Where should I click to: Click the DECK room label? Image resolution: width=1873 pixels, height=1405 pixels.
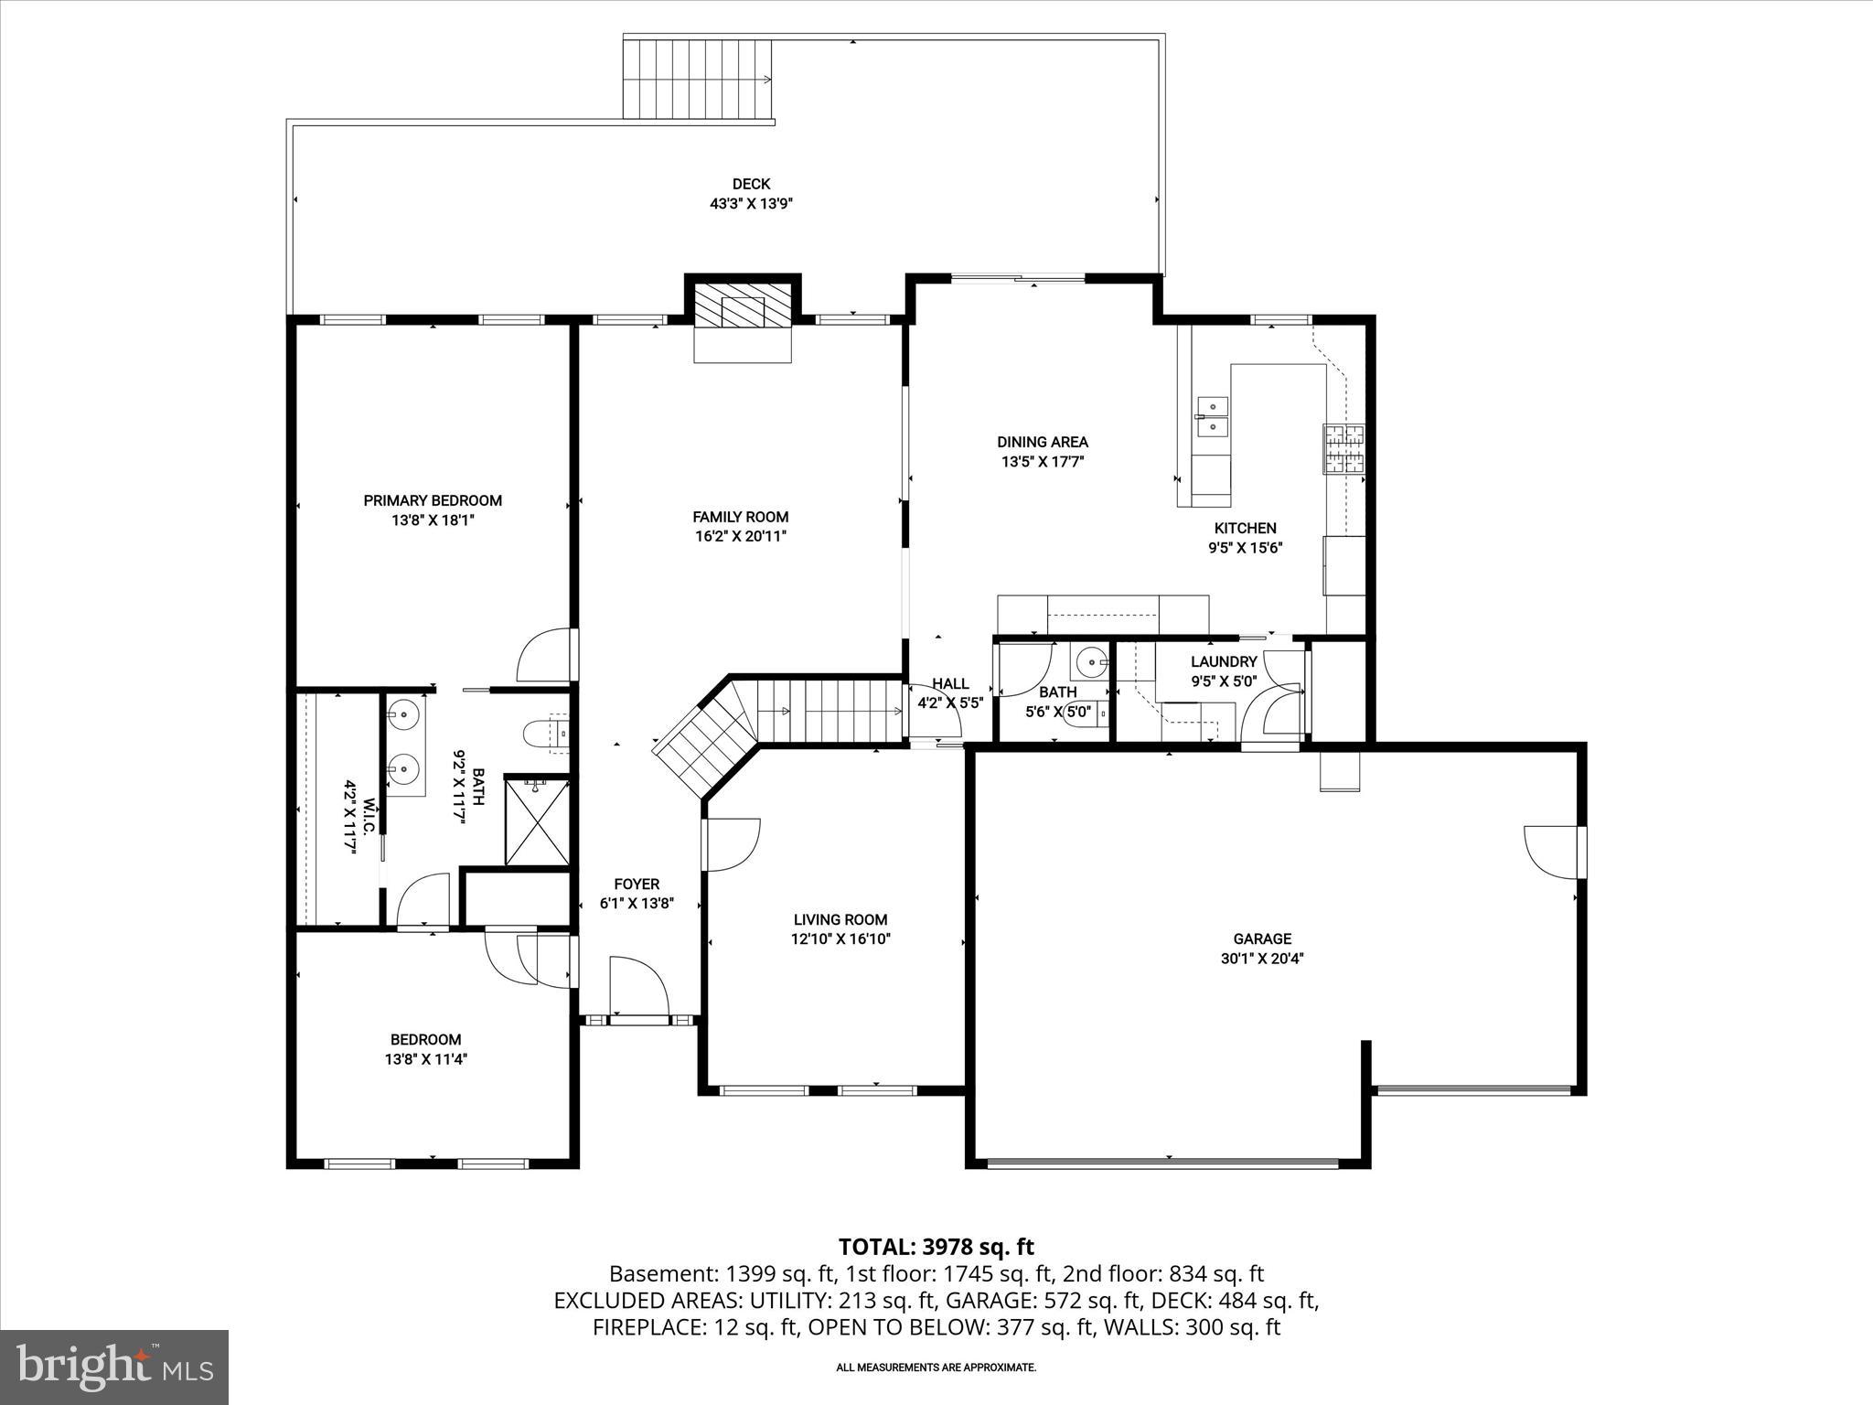750,184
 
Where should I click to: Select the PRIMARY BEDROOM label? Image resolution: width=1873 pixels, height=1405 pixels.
433,500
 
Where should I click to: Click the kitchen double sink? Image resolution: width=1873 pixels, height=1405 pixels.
1211,416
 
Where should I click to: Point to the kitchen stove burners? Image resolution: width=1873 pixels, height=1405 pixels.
1343,449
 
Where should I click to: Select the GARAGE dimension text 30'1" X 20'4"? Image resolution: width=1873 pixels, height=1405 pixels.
1262,959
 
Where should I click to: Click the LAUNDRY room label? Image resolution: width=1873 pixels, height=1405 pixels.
1224,661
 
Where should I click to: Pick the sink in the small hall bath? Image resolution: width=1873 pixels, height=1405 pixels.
1089,660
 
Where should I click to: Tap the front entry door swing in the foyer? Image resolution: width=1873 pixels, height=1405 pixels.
637,984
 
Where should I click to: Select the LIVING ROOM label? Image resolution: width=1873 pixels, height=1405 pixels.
840,919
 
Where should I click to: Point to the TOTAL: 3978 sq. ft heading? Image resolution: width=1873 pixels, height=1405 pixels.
936,1247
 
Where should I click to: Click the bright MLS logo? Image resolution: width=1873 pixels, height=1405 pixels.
114,1367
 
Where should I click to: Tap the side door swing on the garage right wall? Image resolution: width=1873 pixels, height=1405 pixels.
1551,852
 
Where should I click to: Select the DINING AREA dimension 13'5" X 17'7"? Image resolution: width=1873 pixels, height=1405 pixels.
1042,462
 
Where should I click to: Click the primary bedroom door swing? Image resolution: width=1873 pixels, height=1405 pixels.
545,655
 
